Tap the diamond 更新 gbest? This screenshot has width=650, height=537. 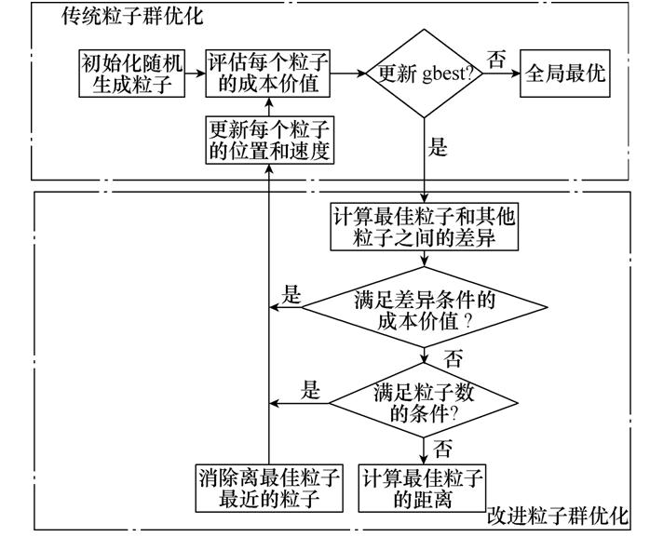click(x=424, y=74)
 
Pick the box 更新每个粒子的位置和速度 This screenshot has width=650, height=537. click(x=270, y=140)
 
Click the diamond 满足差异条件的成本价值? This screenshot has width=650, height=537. click(x=424, y=308)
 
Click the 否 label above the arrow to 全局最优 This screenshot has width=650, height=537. click(x=497, y=59)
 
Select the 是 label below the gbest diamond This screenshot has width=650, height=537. click(x=438, y=146)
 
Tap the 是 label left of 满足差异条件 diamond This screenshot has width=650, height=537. click(x=292, y=296)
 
